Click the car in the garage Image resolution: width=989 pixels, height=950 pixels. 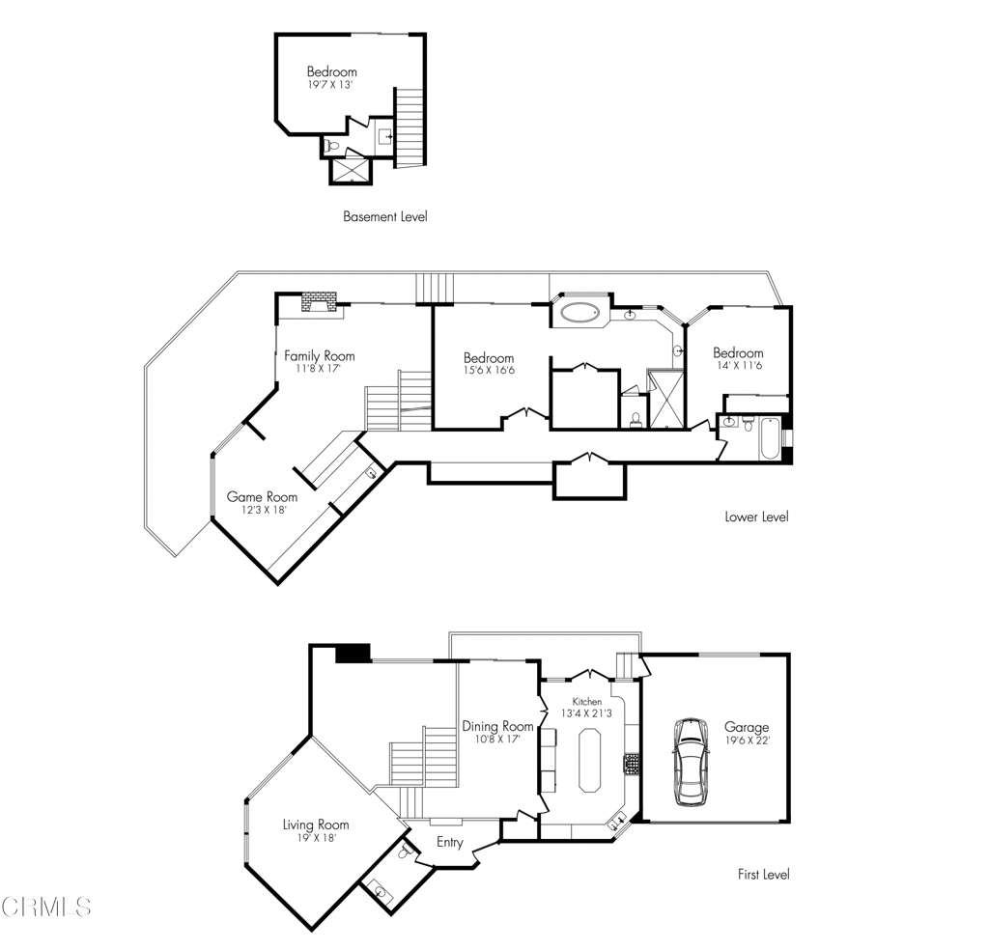point(691,761)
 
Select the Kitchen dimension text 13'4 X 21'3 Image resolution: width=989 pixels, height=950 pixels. point(586,713)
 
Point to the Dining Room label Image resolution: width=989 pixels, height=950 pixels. point(497,726)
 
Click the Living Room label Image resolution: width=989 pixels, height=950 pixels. point(315,824)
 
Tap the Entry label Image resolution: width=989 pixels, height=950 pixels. point(450,842)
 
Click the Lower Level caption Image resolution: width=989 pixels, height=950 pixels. point(756,517)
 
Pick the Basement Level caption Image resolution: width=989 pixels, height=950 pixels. point(384,216)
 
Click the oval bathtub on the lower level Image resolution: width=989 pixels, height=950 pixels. point(579,313)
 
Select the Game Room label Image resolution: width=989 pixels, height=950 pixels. point(262,496)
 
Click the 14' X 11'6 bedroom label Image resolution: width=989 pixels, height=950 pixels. point(738,353)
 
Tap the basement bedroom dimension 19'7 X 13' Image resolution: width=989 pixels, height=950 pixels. point(330,85)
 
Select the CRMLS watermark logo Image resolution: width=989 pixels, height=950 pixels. point(46,906)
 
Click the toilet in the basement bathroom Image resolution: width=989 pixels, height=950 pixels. point(332,146)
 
